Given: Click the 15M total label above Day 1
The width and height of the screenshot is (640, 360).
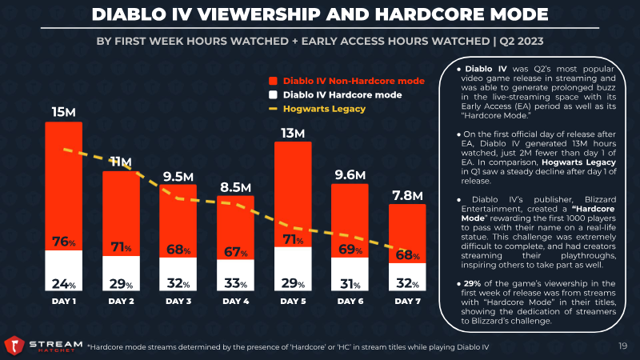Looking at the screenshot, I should (63, 111).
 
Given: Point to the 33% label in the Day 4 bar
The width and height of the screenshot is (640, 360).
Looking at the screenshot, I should (236, 282).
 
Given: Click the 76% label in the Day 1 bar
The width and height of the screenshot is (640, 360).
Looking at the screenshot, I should (63, 242).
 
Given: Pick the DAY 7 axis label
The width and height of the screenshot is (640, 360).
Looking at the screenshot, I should (408, 302).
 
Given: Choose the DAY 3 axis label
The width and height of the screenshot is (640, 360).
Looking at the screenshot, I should (178, 302).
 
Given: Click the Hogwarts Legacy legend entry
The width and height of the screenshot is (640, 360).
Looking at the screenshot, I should (329, 109).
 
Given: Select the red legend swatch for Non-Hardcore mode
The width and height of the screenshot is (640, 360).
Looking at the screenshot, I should (274, 80).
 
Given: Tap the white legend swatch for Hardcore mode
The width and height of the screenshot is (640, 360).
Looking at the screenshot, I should (274, 94).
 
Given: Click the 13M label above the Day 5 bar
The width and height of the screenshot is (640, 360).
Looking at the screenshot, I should (294, 132).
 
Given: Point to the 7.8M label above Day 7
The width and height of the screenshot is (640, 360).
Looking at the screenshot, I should (408, 194).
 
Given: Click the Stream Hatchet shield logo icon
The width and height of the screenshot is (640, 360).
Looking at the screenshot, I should (13, 346).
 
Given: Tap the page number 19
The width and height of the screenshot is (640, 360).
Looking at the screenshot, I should (622, 346).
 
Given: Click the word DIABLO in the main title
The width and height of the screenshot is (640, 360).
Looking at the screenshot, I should (132, 14).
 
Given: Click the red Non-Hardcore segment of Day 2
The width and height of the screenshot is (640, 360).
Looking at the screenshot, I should (121, 208).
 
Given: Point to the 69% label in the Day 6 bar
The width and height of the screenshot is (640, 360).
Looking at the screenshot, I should (350, 250).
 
